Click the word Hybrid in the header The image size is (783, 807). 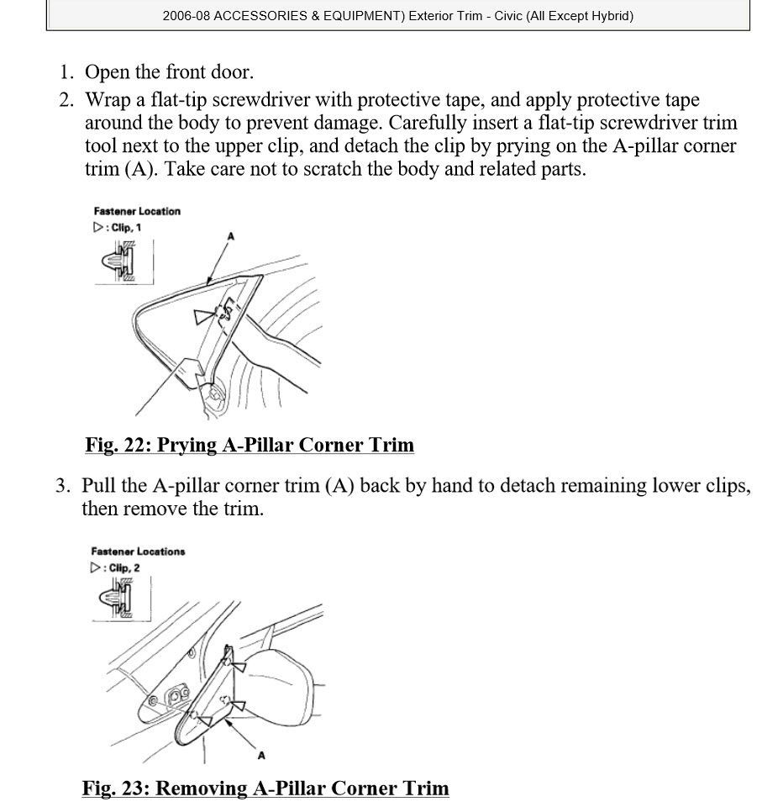pyautogui.click(x=610, y=16)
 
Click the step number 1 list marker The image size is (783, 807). pyautogui.click(x=66, y=72)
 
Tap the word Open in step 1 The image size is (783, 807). pyautogui.click(x=107, y=72)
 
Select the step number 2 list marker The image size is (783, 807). pyautogui.click(x=66, y=100)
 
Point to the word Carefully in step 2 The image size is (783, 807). pyautogui.click(x=428, y=123)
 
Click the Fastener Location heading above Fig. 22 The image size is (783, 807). pyautogui.click(x=137, y=211)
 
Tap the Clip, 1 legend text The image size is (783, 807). pyautogui.click(x=126, y=228)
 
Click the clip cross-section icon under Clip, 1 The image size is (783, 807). pyautogui.click(x=119, y=261)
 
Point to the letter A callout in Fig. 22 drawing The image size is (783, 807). pyautogui.click(x=230, y=236)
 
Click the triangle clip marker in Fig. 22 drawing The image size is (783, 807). pyautogui.click(x=203, y=316)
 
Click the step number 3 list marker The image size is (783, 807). pyautogui.click(x=63, y=486)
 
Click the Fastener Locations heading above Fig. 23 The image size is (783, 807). pyautogui.click(x=138, y=551)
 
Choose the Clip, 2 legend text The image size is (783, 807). pyautogui.click(x=124, y=568)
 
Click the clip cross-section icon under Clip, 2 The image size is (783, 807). pyautogui.click(x=116, y=598)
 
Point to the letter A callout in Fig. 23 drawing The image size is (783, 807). pyautogui.click(x=261, y=756)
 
